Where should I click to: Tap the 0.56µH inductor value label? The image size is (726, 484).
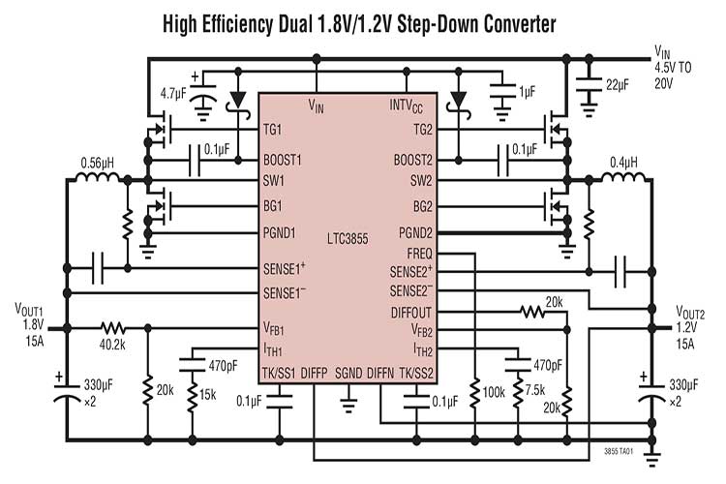click(x=101, y=161)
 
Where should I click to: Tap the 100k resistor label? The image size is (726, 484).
click(x=496, y=395)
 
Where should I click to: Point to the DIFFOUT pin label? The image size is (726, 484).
click(x=410, y=313)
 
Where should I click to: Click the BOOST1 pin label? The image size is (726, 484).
click(x=283, y=160)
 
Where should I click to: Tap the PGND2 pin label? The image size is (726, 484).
click(x=415, y=233)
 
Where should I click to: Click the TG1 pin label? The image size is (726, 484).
click(x=272, y=129)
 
